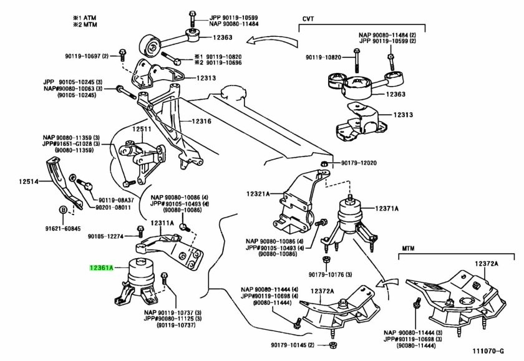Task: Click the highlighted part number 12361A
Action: coord(101,267)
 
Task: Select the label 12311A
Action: coord(161,223)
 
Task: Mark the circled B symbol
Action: coord(62,209)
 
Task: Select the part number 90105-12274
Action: coord(105,236)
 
